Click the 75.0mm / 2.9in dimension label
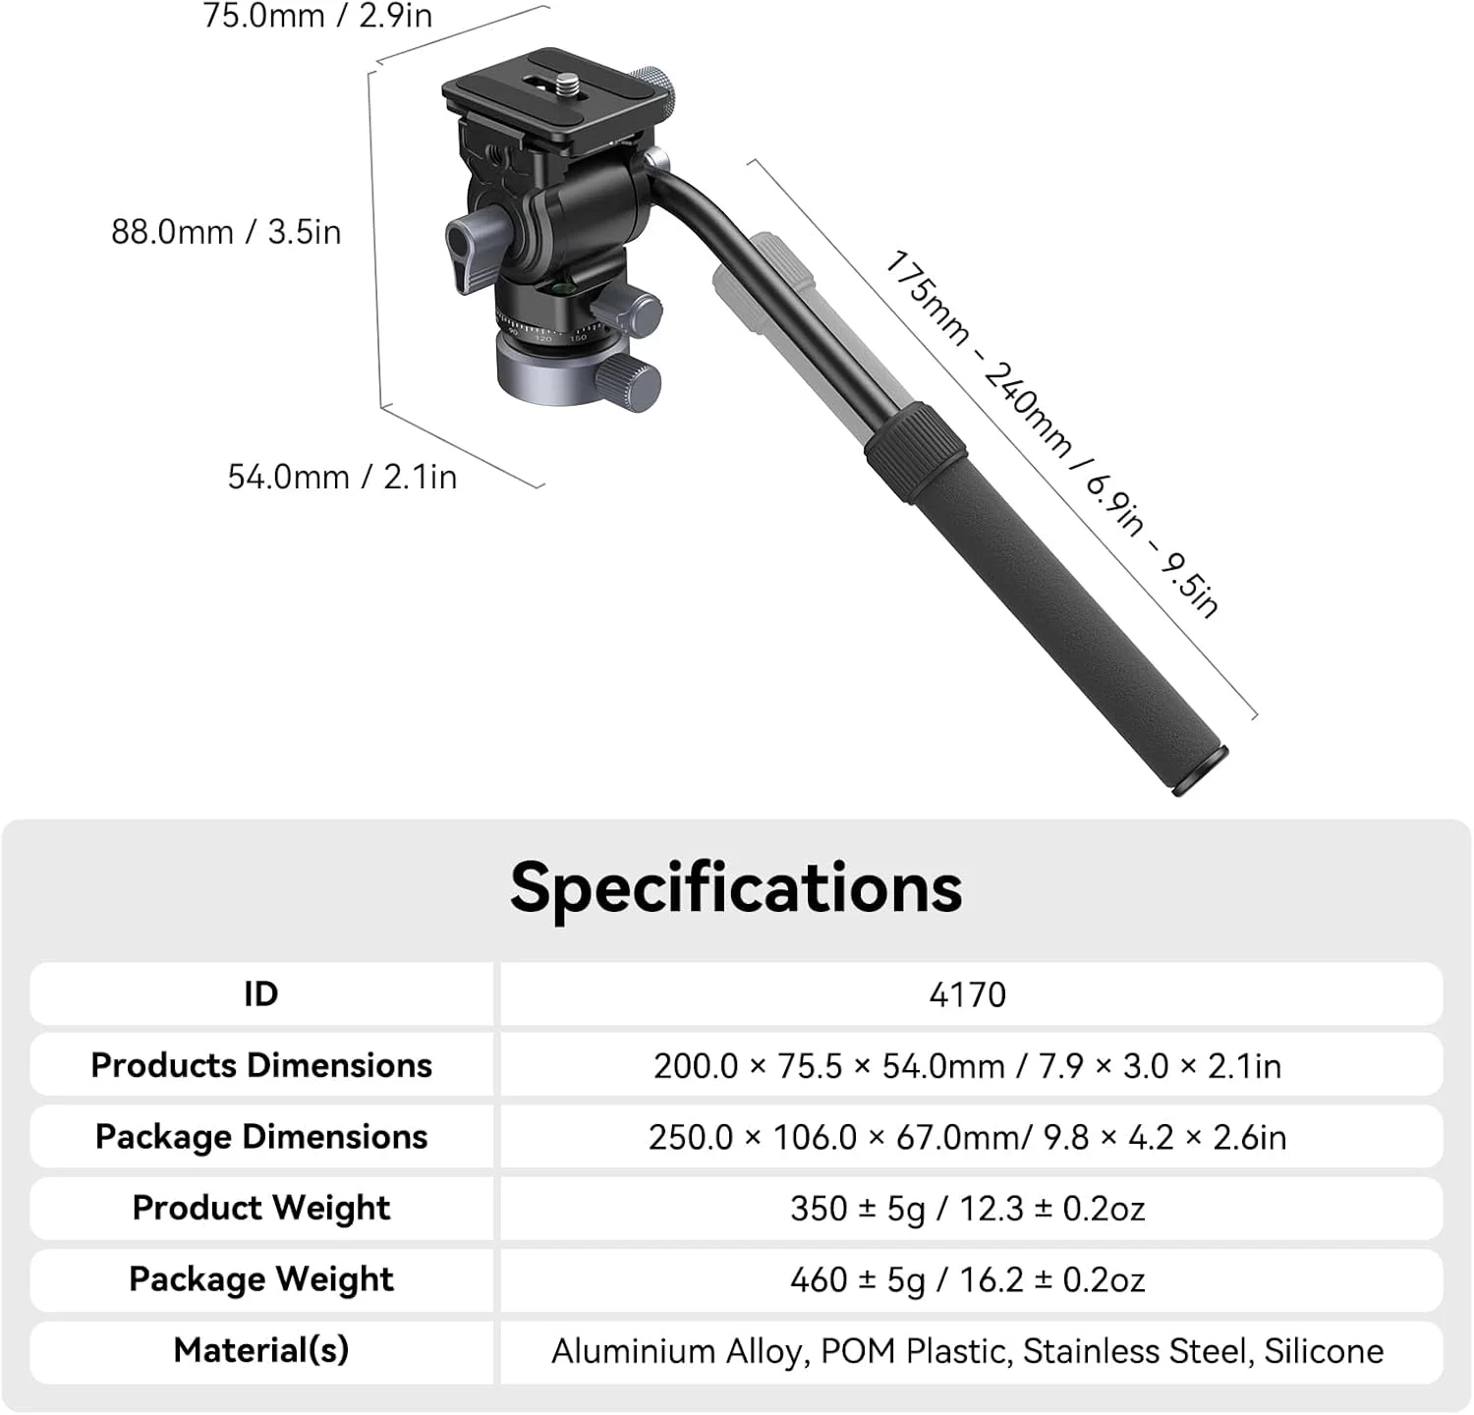(x=317, y=16)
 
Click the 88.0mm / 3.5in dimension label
(x=226, y=232)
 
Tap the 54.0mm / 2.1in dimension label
(x=342, y=477)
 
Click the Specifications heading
(x=736, y=887)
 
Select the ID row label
(x=261, y=994)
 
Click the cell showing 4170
(x=968, y=994)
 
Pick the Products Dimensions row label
(x=261, y=1065)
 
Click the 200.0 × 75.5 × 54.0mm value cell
(x=968, y=1066)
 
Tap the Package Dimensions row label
(x=261, y=1137)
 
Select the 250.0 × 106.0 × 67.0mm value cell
(x=968, y=1137)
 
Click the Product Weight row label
(x=261, y=1208)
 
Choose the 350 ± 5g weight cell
(x=968, y=1209)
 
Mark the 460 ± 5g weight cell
(x=968, y=1279)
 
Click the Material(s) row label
(x=261, y=1350)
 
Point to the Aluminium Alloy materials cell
(x=968, y=1351)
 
